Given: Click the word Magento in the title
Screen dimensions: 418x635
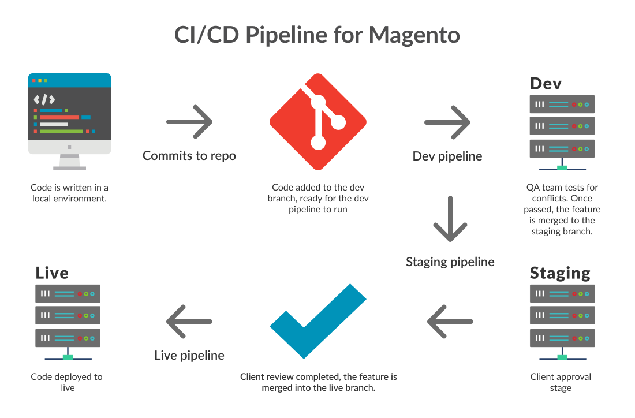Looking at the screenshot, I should (x=414, y=35).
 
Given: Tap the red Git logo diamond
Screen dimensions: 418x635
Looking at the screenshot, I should (x=317, y=122).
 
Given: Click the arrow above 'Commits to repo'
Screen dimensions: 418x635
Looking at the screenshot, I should (x=189, y=122).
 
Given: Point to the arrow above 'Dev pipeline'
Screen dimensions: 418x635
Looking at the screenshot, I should (x=447, y=122).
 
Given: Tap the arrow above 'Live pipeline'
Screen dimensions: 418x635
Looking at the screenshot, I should (x=189, y=321).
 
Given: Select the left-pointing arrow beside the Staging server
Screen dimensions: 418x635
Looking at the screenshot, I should (x=450, y=321).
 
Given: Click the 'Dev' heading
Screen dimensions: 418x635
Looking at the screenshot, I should (x=546, y=83).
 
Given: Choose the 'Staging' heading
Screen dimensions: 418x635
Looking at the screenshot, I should (x=560, y=273).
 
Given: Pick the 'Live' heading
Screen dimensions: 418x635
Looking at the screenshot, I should (x=52, y=273).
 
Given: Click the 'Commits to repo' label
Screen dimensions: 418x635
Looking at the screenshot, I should (x=189, y=156).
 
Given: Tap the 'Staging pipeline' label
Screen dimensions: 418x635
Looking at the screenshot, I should (x=450, y=262).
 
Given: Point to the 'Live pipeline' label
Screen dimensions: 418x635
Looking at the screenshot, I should (x=189, y=356).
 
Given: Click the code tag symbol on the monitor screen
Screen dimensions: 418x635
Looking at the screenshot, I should (x=44, y=99).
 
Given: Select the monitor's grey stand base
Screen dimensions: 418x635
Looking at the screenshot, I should (x=69, y=168).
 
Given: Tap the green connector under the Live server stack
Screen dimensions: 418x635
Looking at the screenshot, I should (x=68, y=357).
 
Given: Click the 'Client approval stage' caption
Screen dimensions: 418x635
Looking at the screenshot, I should (x=561, y=382).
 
